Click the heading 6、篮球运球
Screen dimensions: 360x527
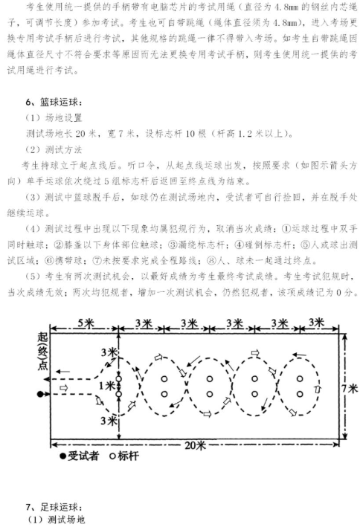click(x=54, y=102)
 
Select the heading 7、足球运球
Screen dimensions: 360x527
click(x=54, y=506)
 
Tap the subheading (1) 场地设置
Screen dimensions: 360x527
click(x=54, y=117)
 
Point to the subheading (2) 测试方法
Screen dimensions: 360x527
click(x=54, y=149)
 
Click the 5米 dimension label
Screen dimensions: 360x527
click(x=86, y=323)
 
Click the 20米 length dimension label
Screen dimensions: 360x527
click(x=195, y=445)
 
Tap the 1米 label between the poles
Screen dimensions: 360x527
click(x=107, y=387)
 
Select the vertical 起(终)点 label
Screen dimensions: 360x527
click(x=42, y=351)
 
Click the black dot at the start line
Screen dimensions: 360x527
click(x=40, y=394)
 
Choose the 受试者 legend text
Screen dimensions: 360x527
click(x=83, y=456)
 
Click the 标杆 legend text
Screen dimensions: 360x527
click(x=128, y=456)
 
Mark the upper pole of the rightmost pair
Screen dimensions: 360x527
click(x=300, y=379)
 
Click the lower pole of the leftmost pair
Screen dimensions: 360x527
click(x=118, y=394)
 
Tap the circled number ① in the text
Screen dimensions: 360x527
click(x=286, y=229)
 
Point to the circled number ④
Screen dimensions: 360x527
click(x=240, y=245)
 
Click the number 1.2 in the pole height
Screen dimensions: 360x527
click(x=245, y=134)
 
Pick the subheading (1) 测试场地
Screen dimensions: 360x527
click(x=56, y=520)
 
